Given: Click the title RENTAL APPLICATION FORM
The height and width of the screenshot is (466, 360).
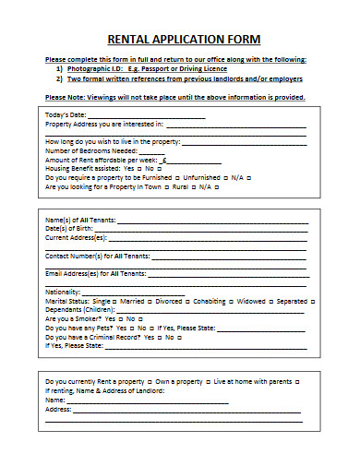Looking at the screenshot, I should pos(184,40).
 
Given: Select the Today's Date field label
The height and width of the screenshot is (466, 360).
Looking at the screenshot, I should pos(67,114).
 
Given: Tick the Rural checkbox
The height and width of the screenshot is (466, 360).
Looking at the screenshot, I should pos(191,186).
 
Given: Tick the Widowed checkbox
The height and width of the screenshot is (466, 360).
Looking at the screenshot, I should pos(270,301).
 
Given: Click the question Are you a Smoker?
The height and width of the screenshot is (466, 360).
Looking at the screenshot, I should pos(73,318).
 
